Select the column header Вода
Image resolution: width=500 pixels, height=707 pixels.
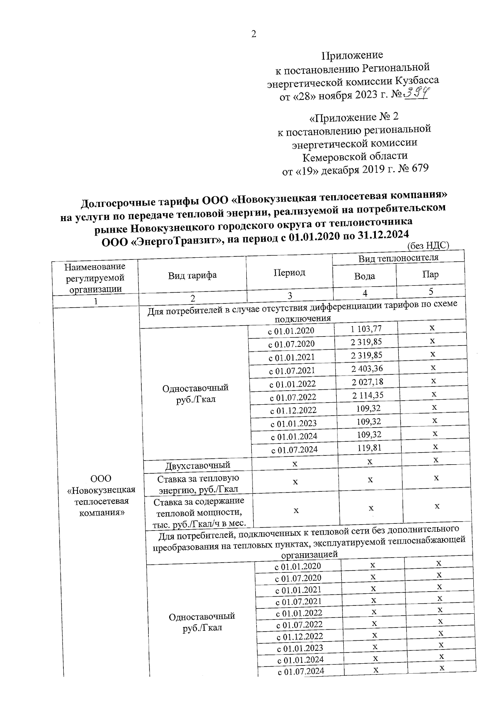pyautogui.click(x=364, y=276)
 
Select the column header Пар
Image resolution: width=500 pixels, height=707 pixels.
pyautogui.click(x=430, y=274)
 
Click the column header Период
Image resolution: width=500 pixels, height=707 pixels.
pyautogui.click(x=289, y=273)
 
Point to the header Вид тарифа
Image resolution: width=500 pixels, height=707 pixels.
pyautogui.click(x=192, y=275)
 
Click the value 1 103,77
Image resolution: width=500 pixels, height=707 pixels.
pyautogui.click(x=366, y=329)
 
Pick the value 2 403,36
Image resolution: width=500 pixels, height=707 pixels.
pyautogui.click(x=367, y=368)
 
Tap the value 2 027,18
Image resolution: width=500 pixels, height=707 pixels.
pyautogui.click(x=367, y=382)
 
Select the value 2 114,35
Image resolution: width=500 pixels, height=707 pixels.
pyautogui.click(x=367, y=395)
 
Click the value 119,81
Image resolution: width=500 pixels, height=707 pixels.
pyautogui.click(x=369, y=448)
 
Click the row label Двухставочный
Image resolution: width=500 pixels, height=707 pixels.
pyautogui.click(x=197, y=465)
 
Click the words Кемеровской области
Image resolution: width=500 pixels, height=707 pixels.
pyautogui.click(x=355, y=157)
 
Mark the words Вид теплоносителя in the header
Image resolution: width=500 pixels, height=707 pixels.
pyautogui.click(x=398, y=258)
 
